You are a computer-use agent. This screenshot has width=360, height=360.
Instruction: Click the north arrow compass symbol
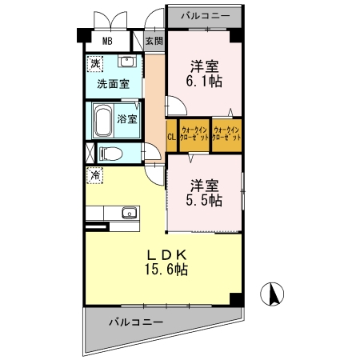272,294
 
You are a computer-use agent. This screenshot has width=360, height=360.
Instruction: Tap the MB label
107,41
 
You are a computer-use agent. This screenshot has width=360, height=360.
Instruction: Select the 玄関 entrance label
154,41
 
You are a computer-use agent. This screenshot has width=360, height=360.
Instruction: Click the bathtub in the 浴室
103,121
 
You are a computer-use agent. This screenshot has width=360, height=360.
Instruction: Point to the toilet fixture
111,154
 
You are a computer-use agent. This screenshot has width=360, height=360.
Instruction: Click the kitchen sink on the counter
130,213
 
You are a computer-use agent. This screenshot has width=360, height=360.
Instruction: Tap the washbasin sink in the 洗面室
127,62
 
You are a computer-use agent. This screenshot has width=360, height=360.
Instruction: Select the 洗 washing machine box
95,63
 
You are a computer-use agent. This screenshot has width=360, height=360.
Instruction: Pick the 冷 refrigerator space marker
94,175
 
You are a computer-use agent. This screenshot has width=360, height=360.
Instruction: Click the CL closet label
171,137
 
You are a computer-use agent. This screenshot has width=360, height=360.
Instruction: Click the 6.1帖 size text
204,81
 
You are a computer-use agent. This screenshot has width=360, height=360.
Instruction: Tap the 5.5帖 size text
204,200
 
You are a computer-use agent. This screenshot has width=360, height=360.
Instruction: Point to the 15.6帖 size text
166,269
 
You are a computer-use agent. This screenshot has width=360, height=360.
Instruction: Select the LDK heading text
167,256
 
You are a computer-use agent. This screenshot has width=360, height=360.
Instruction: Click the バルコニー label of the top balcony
206,16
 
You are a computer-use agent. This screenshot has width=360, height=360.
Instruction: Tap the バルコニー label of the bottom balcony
136,322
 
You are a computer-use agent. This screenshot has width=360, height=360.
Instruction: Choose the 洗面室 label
113,84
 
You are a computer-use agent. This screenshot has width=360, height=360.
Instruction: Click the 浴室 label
127,119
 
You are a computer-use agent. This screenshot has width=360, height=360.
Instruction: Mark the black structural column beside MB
84,35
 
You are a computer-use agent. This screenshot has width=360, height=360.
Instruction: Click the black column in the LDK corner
236,299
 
